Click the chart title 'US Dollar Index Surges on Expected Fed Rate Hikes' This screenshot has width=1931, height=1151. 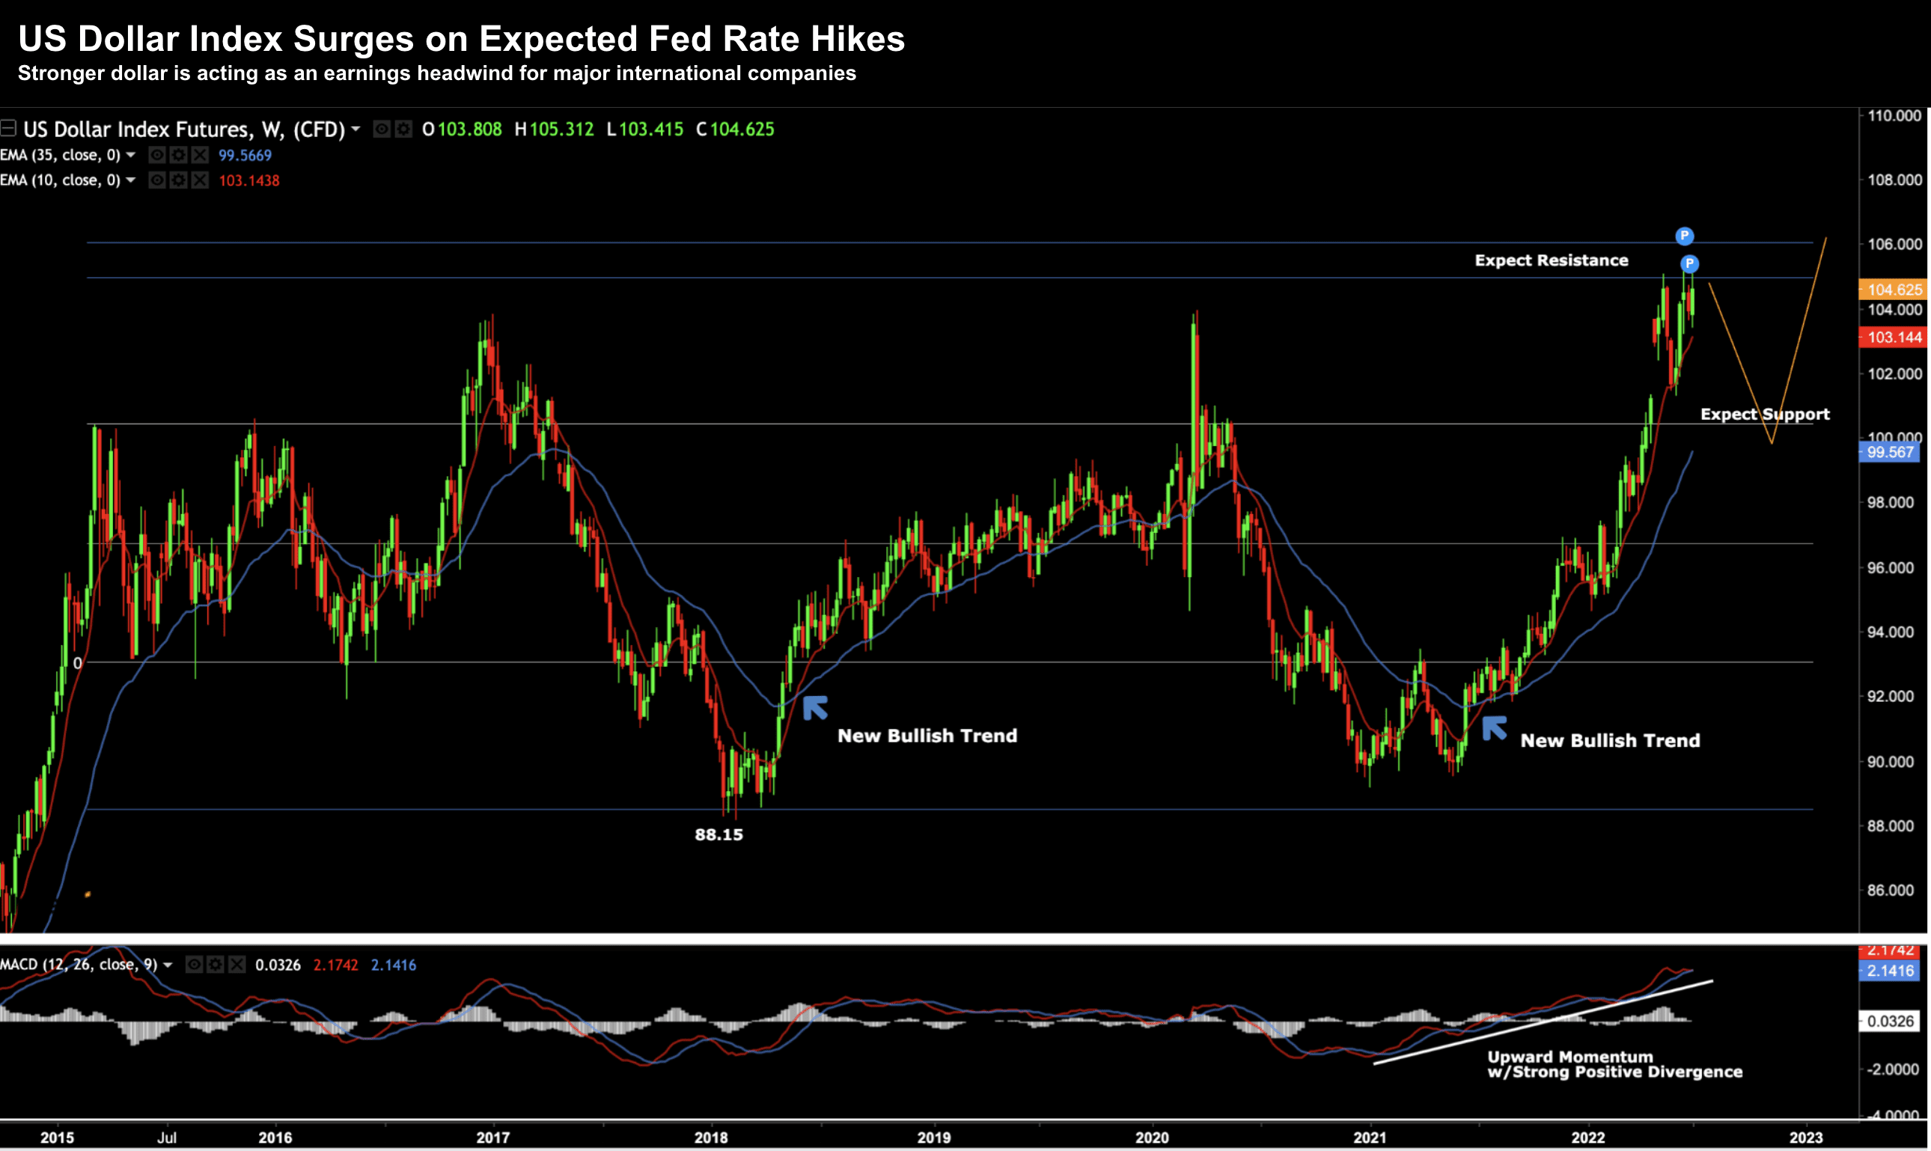click(x=462, y=39)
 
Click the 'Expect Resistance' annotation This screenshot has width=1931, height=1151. click(x=1551, y=260)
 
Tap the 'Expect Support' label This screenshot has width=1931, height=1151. click(x=1764, y=414)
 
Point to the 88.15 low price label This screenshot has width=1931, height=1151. click(x=719, y=834)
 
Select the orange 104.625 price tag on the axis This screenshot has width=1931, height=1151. click(x=1893, y=290)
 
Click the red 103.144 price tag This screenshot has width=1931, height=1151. click(x=1893, y=338)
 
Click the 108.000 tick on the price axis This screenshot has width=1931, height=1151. click(x=1894, y=180)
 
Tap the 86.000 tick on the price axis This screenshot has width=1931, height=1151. click(x=1894, y=891)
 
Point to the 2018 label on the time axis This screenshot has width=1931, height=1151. click(x=710, y=1138)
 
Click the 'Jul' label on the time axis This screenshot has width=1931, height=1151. click(x=167, y=1138)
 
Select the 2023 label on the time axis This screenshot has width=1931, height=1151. click(x=1805, y=1138)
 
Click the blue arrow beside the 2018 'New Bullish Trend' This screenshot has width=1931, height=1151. click(x=815, y=707)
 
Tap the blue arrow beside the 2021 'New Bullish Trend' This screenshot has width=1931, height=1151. click(x=1495, y=728)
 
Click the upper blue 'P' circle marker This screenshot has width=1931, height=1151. click(x=1685, y=236)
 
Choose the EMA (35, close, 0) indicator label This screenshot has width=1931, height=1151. click(x=61, y=155)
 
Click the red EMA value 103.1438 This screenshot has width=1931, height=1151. click(x=249, y=180)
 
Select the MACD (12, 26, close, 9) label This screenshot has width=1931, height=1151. click(x=79, y=965)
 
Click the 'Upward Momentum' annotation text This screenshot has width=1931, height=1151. click(x=1570, y=1057)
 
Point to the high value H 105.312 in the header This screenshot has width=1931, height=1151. click(x=555, y=129)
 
